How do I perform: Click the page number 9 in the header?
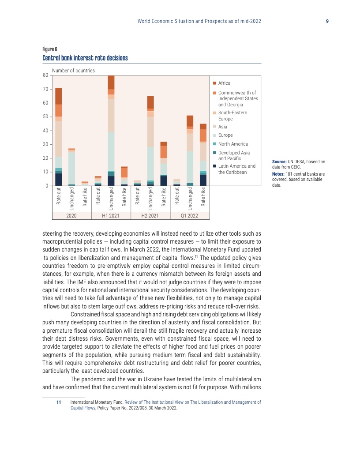pos(327,21)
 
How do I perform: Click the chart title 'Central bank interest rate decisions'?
pos(85,58)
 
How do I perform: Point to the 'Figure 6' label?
pos(49,49)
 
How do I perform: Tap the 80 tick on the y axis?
pos(45,75)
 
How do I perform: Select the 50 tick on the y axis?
pos(45,117)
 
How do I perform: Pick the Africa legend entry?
pos(224,83)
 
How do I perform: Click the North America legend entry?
pos(233,144)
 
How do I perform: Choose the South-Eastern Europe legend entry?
pos(232,115)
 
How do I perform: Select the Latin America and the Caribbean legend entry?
pos(236,169)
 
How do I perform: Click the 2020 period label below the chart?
pos(71,216)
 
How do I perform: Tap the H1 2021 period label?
pos(111,216)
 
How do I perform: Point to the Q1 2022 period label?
pos(190,216)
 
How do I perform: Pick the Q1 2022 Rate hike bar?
pos(203,154)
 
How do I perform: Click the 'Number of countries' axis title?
pos(73,71)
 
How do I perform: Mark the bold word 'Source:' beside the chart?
pos(279,162)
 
